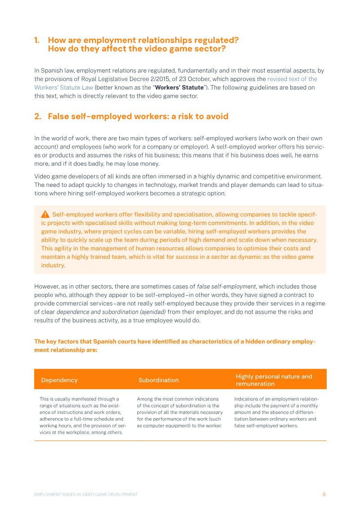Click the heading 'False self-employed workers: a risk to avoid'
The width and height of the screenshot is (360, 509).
point(138,117)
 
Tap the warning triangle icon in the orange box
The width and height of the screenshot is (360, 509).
point(45,214)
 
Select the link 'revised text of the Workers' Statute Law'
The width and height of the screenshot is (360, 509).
point(292,79)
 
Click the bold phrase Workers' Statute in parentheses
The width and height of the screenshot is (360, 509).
point(179,87)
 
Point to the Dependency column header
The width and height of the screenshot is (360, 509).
point(59,380)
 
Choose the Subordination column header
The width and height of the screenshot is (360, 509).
point(158,380)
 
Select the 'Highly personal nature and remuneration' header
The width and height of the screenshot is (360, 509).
point(274,380)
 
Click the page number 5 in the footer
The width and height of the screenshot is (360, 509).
point(324,494)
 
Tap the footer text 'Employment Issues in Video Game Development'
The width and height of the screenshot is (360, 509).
point(86,494)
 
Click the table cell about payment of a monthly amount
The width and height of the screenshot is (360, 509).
point(276,412)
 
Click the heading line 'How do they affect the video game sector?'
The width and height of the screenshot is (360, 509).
point(137,49)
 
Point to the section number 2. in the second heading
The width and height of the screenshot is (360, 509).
point(38,117)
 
